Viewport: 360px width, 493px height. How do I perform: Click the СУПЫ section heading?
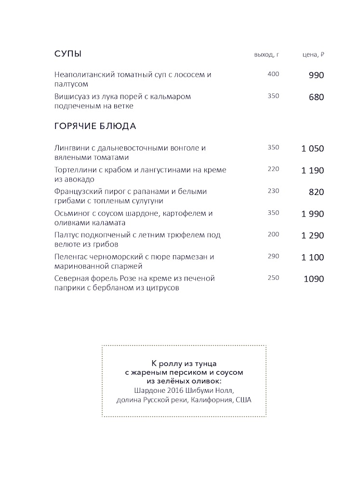[68, 53]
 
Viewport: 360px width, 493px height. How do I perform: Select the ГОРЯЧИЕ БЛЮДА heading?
[95, 127]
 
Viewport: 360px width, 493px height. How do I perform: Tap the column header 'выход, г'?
[267, 54]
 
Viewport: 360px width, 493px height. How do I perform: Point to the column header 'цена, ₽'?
[313, 54]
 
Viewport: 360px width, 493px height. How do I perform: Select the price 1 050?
[313, 148]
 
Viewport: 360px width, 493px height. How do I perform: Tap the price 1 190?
[313, 170]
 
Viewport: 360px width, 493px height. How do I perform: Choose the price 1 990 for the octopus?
[313, 214]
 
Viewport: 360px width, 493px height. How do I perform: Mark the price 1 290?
[313, 235]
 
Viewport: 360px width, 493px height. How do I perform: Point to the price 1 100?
[313, 258]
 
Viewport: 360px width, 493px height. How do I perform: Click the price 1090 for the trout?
[314, 279]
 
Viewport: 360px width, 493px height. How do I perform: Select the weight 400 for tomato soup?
[273, 74]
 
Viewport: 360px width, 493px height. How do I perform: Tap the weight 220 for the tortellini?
[273, 169]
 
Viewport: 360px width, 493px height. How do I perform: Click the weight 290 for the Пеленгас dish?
[273, 256]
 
